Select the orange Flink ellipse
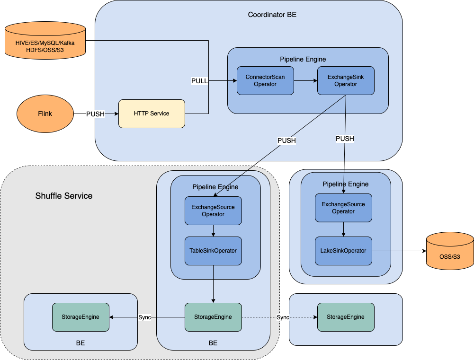pyautogui.click(x=45, y=114)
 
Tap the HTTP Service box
pyautogui.click(x=152, y=114)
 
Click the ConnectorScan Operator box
pyautogui.click(x=265, y=80)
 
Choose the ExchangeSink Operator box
pyautogui.click(x=346, y=80)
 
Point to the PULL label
pyautogui.click(x=199, y=81)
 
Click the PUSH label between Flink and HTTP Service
pyautogui.click(x=95, y=114)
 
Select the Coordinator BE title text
pyautogui.click(x=272, y=15)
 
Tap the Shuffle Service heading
pyautogui.click(x=64, y=196)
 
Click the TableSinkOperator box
pyautogui.click(x=213, y=251)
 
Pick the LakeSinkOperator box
pyautogui.click(x=343, y=251)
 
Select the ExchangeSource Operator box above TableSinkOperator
pyautogui.click(x=213, y=211)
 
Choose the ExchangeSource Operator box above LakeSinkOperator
pyautogui.click(x=343, y=208)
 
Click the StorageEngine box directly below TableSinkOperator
pyautogui.click(x=213, y=317)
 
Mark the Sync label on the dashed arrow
pyautogui.click(x=283, y=317)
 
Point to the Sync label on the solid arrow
pyautogui.click(x=144, y=317)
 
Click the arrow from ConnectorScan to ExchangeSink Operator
pyautogui.click(x=305, y=80)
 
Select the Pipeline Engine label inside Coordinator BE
pyautogui.click(x=303, y=59)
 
